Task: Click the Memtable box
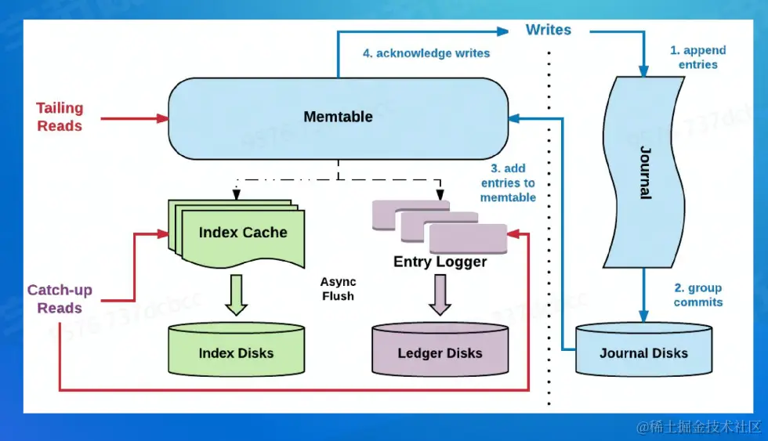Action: click(x=338, y=117)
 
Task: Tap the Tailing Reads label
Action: click(x=60, y=117)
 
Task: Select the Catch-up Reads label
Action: click(x=60, y=298)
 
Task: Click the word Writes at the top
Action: click(x=549, y=30)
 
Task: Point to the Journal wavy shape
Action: click(x=644, y=172)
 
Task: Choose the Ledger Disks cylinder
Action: click(x=440, y=352)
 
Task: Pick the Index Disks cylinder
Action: click(x=236, y=352)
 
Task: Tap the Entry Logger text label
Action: click(x=440, y=262)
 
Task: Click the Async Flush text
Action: click(x=338, y=289)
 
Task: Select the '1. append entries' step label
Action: click(x=697, y=57)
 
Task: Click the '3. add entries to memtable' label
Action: click(x=508, y=183)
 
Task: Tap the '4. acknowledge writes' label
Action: click(x=426, y=53)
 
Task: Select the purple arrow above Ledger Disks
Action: click(x=440, y=294)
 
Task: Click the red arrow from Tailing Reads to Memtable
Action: click(x=125, y=118)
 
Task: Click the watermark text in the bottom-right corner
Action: click(x=699, y=427)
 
